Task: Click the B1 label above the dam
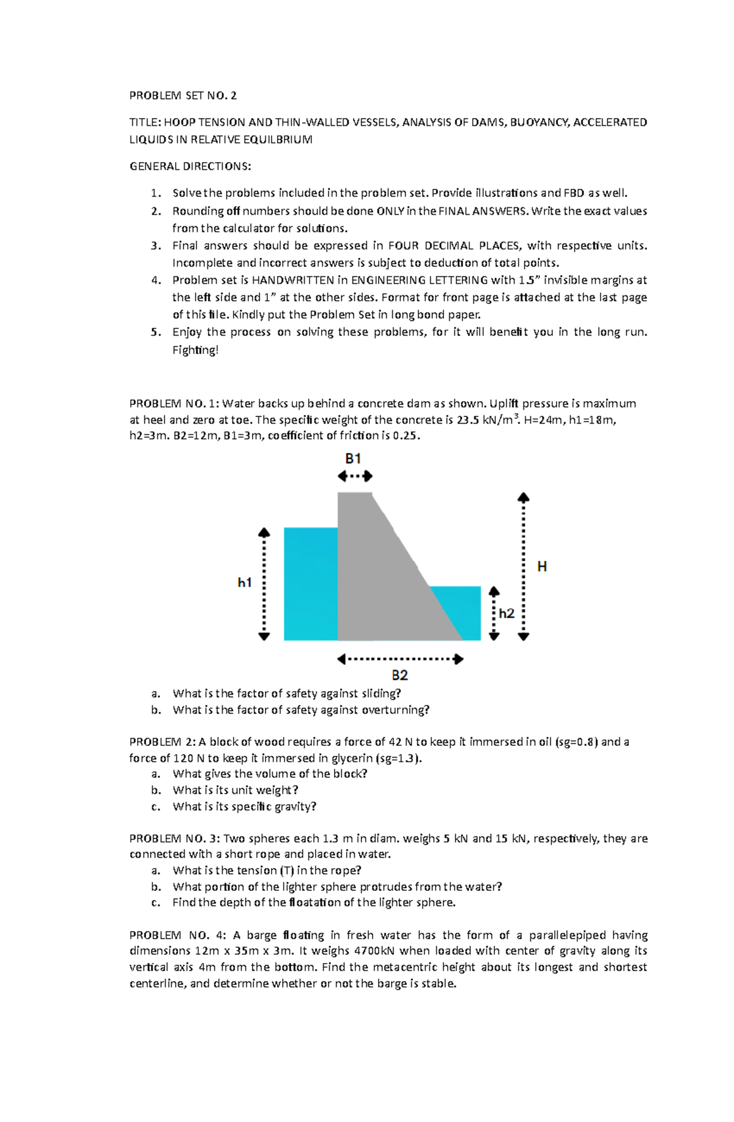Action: (353, 459)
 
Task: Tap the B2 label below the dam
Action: (399, 675)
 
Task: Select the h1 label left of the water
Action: (245, 583)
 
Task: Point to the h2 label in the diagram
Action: (506, 613)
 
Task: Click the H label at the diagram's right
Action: (542, 567)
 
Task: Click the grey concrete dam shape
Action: (373, 581)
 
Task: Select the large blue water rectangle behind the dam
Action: (311, 584)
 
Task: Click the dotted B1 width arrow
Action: (355, 476)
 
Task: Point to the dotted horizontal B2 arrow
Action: (400, 659)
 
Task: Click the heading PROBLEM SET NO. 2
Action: (183, 95)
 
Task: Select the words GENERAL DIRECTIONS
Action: (190, 166)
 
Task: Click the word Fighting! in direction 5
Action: (195, 350)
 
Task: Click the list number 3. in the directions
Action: (157, 246)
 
